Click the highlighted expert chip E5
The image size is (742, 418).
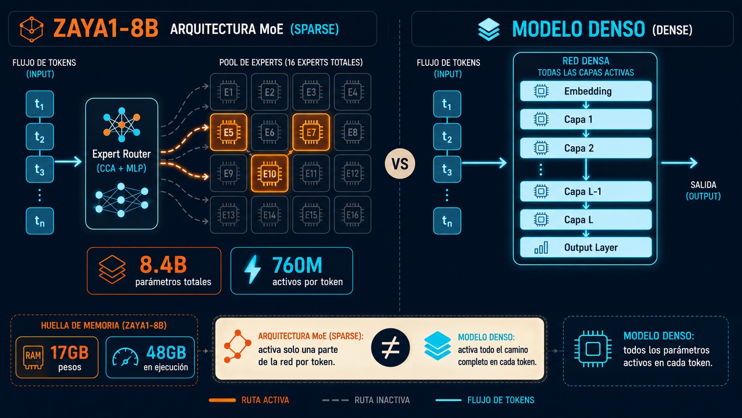click(x=229, y=132)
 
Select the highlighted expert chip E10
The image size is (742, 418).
click(x=270, y=173)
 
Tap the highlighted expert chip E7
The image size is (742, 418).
click(x=311, y=132)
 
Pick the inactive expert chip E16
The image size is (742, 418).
click(x=352, y=215)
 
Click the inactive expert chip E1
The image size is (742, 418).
click(x=229, y=92)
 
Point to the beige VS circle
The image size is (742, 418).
click(x=400, y=164)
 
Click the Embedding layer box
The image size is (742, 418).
click(x=586, y=91)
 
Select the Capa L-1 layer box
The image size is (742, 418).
click(x=586, y=191)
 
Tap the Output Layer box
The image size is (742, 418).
click(x=586, y=247)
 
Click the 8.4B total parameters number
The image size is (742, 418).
click(x=163, y=264)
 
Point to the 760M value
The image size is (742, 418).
click(x=297, y=265)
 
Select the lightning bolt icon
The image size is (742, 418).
click(x=253, y=270)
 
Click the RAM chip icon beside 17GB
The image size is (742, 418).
click(x=33, y=357)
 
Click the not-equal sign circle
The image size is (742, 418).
click(x=390, y=348)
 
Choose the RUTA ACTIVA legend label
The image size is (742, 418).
click(x=265, y=400)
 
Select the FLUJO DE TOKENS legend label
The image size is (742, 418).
click(x=501, y=400)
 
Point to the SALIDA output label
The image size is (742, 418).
click(x=703, y=185)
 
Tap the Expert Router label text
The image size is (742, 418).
click(x=122, y=154)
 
